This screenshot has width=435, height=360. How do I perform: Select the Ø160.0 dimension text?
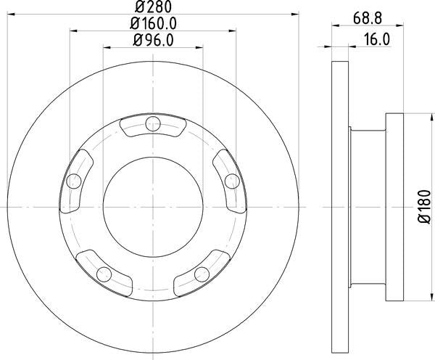pos(153,23)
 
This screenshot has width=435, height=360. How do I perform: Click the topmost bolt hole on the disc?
pos(152,126)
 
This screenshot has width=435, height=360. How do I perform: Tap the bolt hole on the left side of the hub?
pos(73,181)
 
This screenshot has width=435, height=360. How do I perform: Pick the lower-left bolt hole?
pos(104,274)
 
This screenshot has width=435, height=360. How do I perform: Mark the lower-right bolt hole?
pos(201,274)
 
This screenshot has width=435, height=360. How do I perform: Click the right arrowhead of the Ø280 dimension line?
pos(296,12)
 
